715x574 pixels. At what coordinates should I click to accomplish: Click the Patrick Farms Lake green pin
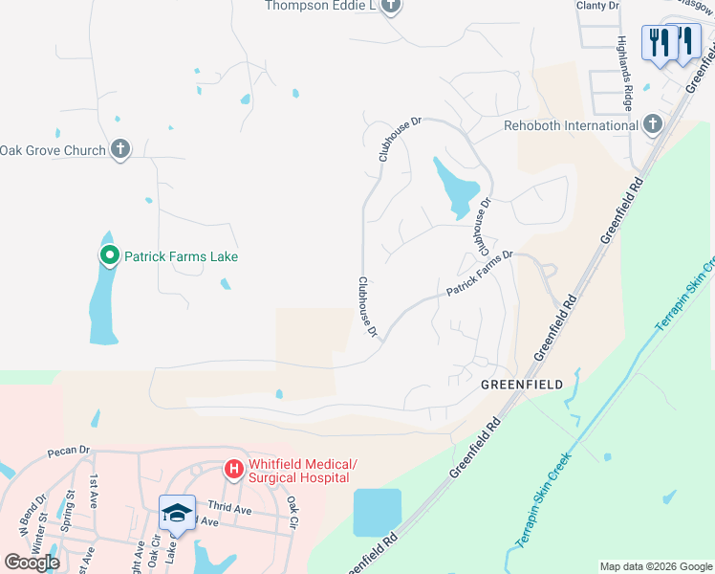[109, 256]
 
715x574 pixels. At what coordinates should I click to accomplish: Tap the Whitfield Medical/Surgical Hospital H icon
[232, 470]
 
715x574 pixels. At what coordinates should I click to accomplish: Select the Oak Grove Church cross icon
[119, 149]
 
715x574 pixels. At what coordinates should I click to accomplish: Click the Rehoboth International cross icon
[652, 124]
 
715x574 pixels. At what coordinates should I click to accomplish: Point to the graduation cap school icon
[176, 514]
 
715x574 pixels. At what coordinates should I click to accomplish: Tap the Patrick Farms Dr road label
[481, 275]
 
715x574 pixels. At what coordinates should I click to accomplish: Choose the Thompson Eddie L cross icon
[389, 6]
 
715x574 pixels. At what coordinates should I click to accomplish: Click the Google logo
[32, 563]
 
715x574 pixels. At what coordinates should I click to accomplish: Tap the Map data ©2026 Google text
[655, 566]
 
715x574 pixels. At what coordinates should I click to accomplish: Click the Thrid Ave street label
[229, 508]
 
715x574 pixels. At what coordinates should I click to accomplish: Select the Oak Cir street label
[292, 516]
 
